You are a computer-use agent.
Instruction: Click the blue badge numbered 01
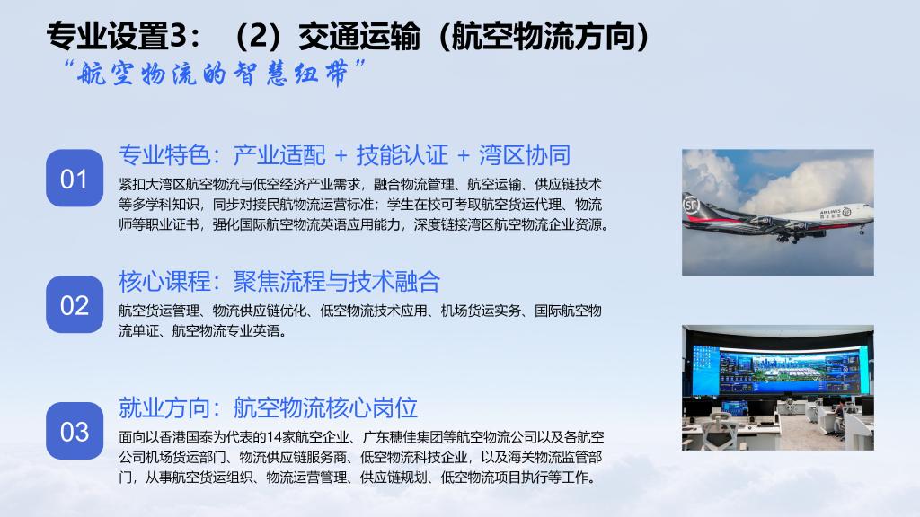coord(75,179)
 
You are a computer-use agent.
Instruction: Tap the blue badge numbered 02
coord(75,305)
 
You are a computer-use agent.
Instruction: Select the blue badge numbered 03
coord(75,431)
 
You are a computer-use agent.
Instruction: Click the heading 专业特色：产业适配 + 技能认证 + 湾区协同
coord(344,155)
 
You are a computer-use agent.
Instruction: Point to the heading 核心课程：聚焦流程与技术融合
coord(279,281)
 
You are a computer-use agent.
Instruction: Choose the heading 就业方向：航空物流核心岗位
coord(268,407)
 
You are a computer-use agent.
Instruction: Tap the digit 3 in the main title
coord(177,36)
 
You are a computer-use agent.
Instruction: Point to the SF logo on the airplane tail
coord(691,205)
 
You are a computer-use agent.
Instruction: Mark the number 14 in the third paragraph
coord(273,437)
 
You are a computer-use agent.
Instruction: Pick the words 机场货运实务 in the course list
coord(482,311)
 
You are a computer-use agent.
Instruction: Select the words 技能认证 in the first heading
coord(402,155)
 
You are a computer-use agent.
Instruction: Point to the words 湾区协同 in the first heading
coord(525,155)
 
